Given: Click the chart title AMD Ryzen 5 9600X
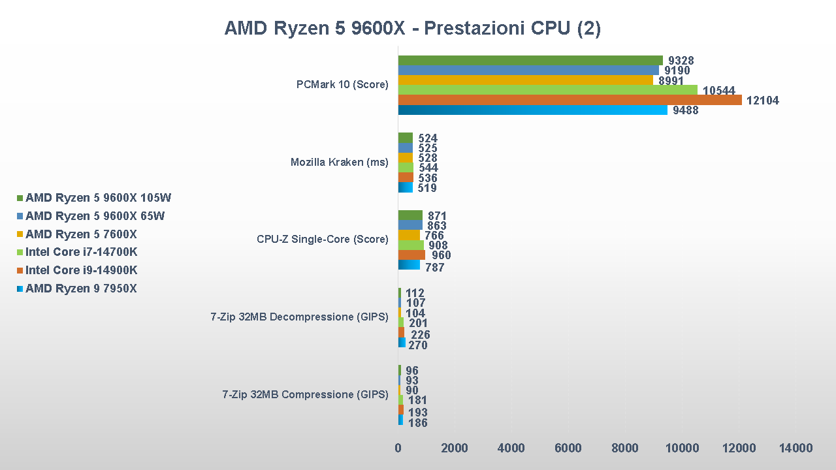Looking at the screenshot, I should coord(412,29).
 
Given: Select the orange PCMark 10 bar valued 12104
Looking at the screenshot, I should coord(570,100).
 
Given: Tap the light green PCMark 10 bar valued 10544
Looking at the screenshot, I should coord(547,90).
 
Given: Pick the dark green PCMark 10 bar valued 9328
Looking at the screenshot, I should coord(530,61).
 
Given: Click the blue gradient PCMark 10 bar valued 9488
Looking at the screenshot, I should coord(532,110).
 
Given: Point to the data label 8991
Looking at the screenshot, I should coord(671,81).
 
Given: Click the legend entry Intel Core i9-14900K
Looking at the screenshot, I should coord(81,270).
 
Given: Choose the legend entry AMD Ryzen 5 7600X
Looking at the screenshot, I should coord(81,234).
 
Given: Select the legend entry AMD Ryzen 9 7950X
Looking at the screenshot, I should coord(81,289).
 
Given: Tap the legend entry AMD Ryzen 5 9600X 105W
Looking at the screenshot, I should coord(98,198).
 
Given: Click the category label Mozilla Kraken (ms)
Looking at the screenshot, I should coord(339,162).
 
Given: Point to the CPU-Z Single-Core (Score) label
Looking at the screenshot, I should coord(322,239).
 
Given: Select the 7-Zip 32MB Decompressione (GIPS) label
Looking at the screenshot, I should coord(299,317).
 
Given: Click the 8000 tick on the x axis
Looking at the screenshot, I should coord(625,448).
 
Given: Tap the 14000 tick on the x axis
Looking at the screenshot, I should coord(796,448).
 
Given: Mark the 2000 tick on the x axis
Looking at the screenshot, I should coord(455,448).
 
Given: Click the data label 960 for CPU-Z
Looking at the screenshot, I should coord(441,255).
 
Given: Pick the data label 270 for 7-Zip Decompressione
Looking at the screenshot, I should coord(417,345).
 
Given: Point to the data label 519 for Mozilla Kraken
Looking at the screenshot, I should coord(426,188).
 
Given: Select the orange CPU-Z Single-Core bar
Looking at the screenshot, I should coord(411,255).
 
